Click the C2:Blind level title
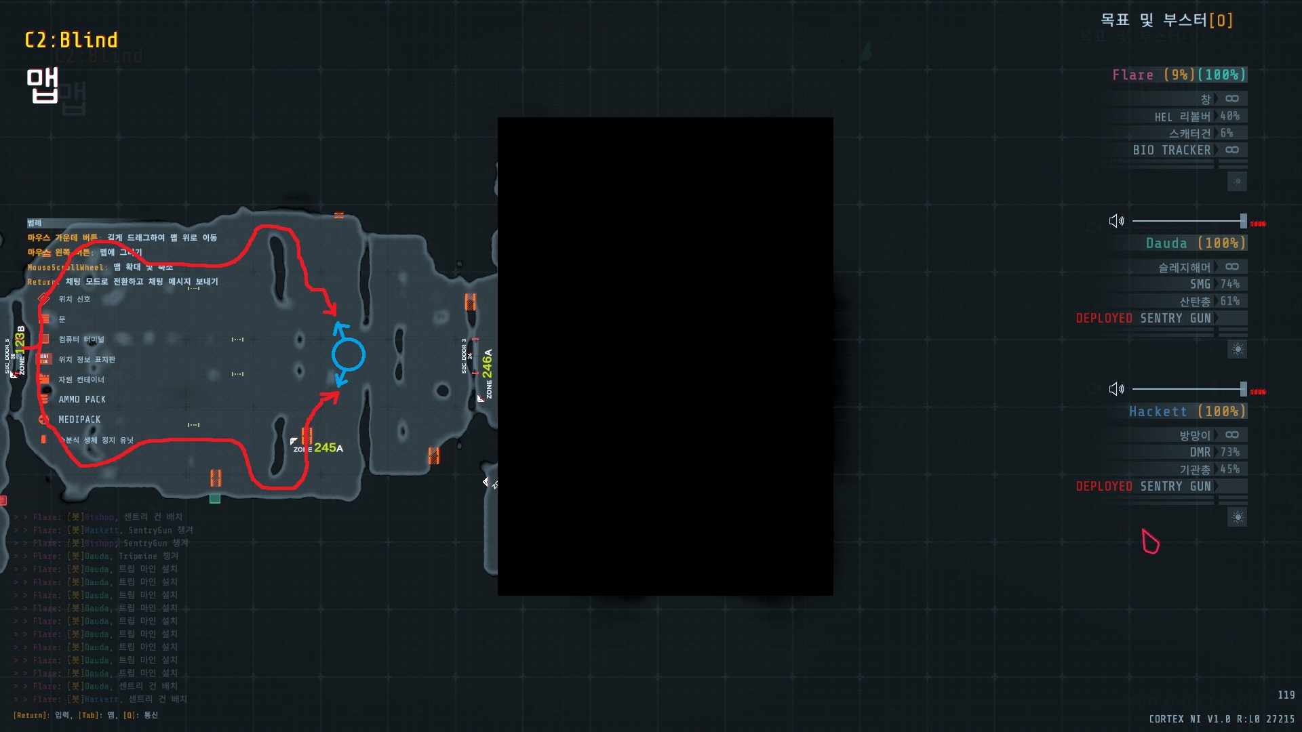point(71,40)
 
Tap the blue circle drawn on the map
point(348,354)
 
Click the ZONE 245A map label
point(319,448)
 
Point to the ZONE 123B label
point(20,349)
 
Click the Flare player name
point(1132,75)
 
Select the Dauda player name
point(1166,243)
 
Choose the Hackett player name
point(1158,411)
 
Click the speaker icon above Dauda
point(1116,221)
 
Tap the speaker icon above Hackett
point(1116,389)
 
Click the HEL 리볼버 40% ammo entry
point(1197,117)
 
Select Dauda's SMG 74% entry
point(1214,284)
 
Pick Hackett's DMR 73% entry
point(1214,452)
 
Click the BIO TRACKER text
point(1171,150)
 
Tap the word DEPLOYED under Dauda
point(1104,318)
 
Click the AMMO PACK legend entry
point(81,399)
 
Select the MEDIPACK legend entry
point(79,420)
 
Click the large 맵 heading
point(42,86)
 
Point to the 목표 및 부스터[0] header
point(1166,20)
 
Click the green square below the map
point(215,499)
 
